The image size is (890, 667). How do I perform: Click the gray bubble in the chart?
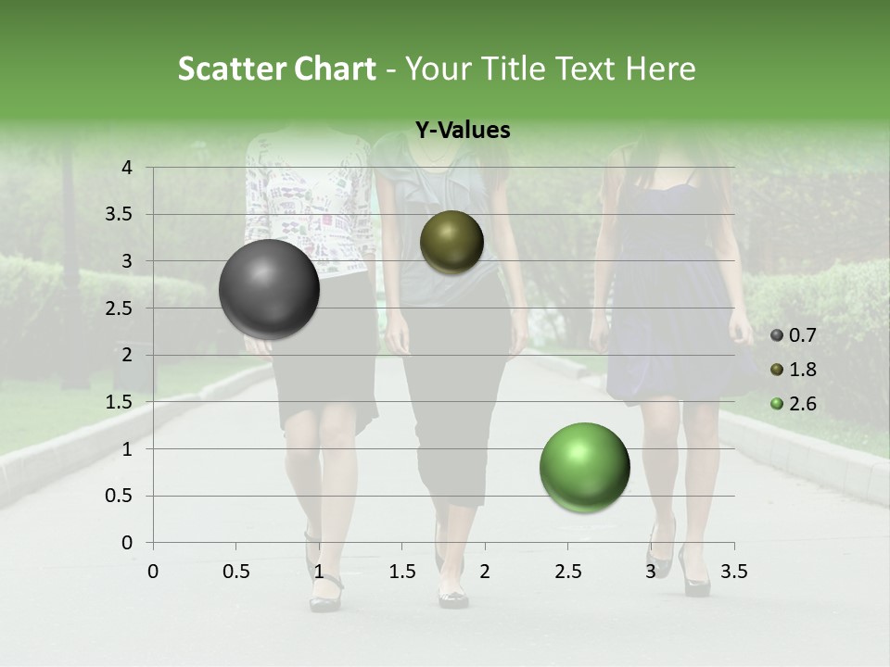tap(269, 289)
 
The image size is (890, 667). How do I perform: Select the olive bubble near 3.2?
tap(451, 243)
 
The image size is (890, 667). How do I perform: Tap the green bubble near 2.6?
tap(584, 467)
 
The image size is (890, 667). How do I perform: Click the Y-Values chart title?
tap(462, 131)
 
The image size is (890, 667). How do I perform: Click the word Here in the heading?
tap(659, 69)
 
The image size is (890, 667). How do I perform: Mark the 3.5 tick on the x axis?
tap(733, 571)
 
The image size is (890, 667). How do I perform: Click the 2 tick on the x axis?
tap(484, 571)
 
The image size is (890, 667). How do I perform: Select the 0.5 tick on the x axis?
tap(235, 571)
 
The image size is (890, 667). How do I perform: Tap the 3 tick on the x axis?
tap(650, 571)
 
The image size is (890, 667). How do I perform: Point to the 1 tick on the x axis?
tap(319, 571)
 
